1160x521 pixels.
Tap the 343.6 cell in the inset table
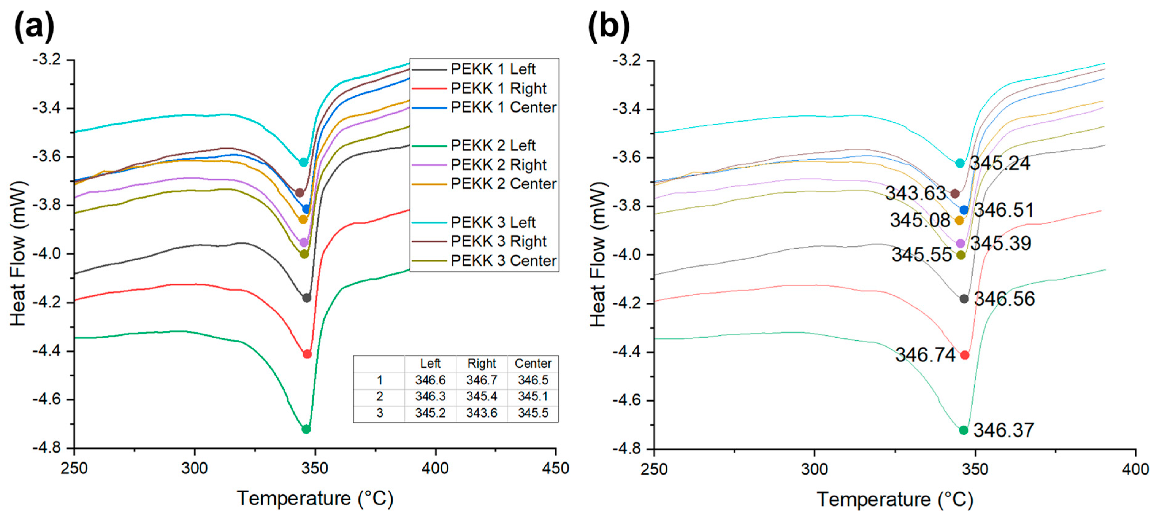[481, 413]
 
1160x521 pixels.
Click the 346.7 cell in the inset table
[481, 380]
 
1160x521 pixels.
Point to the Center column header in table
[533, 363]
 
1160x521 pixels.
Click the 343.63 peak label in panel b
[915, 193]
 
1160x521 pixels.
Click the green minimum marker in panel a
[306, 429]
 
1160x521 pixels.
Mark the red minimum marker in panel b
[964, 355]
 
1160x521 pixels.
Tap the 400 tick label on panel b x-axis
[1135, 469]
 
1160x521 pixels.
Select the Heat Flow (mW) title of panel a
[18, 253]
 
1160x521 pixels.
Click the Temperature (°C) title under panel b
[895, 499]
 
